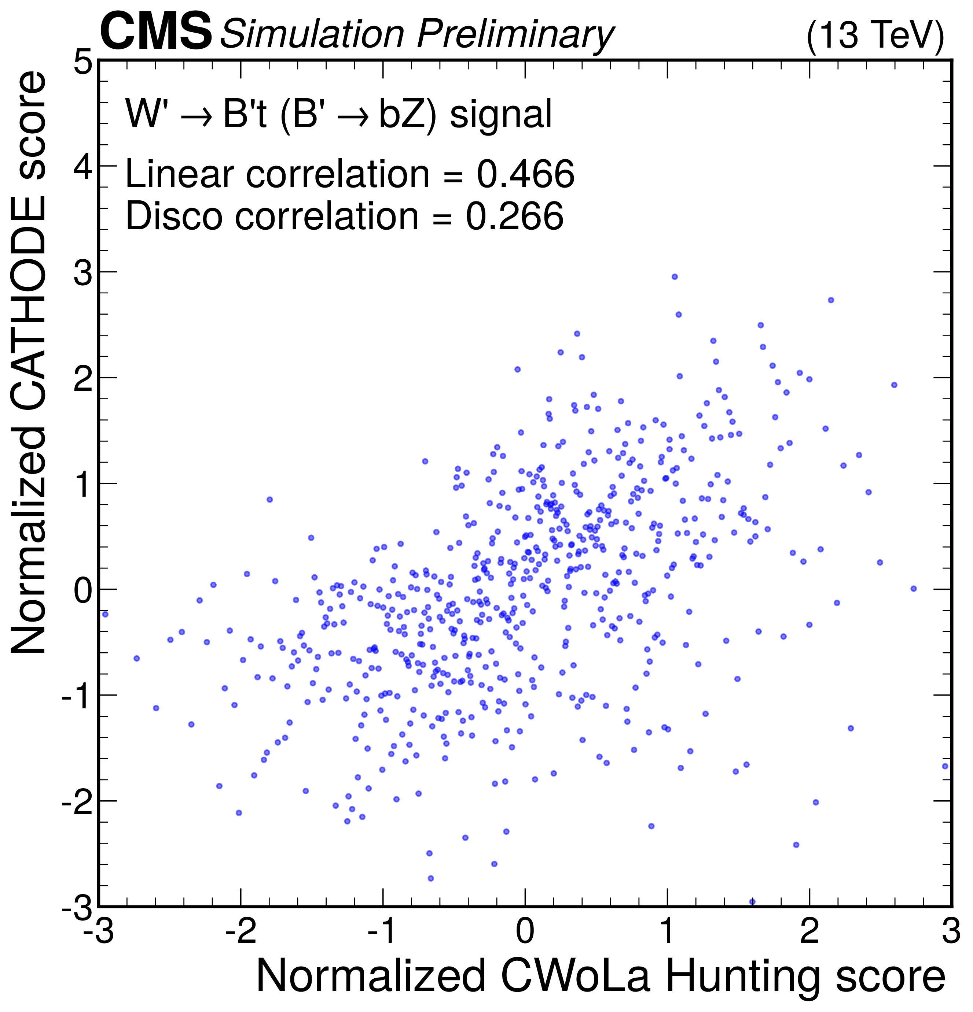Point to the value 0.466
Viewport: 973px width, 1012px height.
[525, 174]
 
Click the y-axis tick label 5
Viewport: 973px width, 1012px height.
[83, 64]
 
